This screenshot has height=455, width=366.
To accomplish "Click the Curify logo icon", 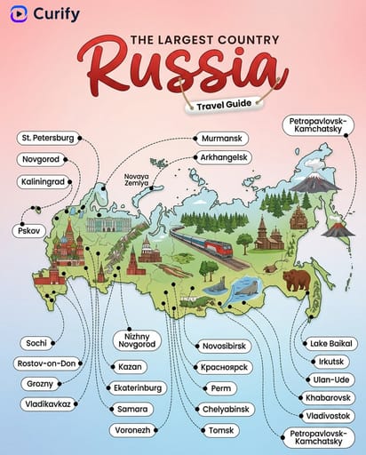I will (18, 15).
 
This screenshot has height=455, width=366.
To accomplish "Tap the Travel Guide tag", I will (218, 105).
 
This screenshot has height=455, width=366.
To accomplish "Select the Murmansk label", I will (222, 139).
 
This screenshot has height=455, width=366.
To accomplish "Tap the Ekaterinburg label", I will (133, 387).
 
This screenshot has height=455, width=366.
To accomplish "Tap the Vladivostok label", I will (327, 415).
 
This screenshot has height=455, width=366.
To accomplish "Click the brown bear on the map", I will (297, 280).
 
